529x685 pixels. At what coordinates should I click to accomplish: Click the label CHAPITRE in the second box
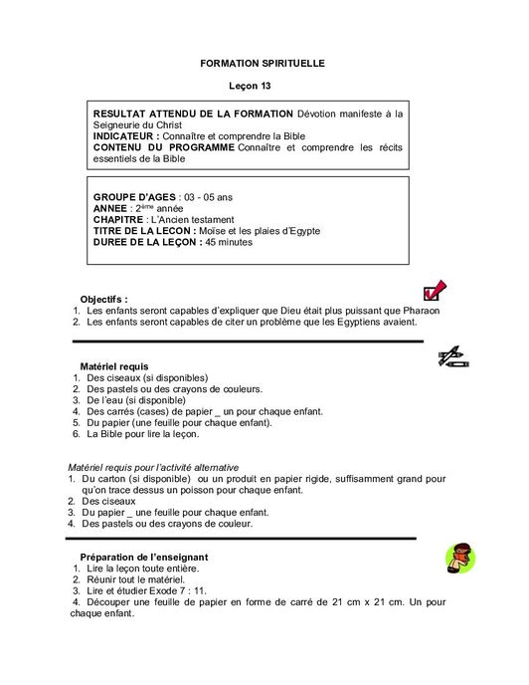[x=118, y=218]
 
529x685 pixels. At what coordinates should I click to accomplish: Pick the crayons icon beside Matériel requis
[x=452, y=356]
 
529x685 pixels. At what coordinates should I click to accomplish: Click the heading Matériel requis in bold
[x=113, y=367]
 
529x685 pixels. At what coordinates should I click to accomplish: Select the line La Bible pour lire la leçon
[x=143, y=434]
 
